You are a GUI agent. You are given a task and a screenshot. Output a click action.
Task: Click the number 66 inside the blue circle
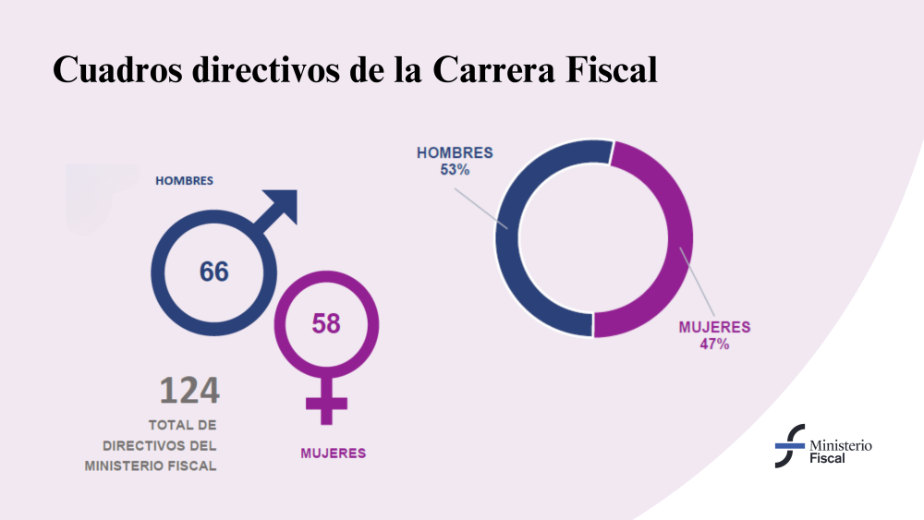point(213,272)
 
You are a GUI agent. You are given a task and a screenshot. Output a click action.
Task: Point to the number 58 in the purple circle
point(325,324)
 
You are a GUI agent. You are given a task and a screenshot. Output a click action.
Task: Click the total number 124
point(189,391)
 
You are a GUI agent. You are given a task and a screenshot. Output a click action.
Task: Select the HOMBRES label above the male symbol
point(184,181)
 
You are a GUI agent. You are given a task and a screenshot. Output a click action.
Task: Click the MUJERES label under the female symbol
point(333,453)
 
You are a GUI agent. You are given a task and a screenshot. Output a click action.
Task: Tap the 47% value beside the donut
point(714,345)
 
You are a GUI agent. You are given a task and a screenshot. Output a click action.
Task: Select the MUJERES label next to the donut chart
point(714,327)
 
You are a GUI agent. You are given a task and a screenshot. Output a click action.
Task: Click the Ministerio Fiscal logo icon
point(789,446)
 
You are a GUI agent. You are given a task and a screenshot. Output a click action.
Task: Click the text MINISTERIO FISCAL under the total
point(151,466)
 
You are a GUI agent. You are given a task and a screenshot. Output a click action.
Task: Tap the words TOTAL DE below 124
point(182,426)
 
